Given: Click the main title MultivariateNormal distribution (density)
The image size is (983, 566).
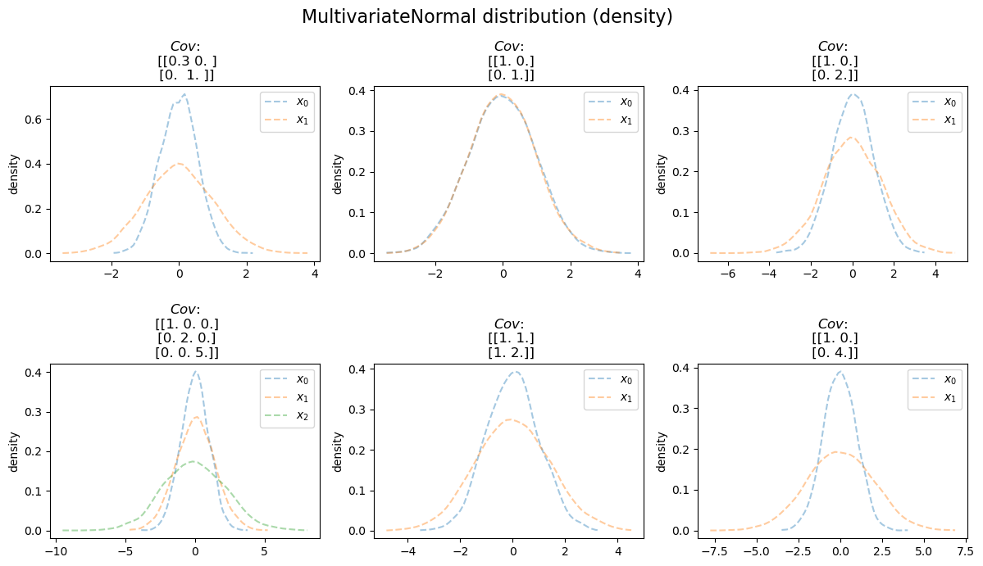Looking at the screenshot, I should [x=487, y=16].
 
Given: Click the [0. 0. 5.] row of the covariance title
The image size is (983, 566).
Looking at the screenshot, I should [x=187, y=352].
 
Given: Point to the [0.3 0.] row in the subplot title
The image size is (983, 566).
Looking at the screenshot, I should [x=187, y=61].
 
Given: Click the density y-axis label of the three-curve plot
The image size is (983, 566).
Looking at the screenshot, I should [x=13, y=452].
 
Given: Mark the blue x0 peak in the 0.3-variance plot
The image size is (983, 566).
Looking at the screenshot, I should [x=185, y=95].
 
